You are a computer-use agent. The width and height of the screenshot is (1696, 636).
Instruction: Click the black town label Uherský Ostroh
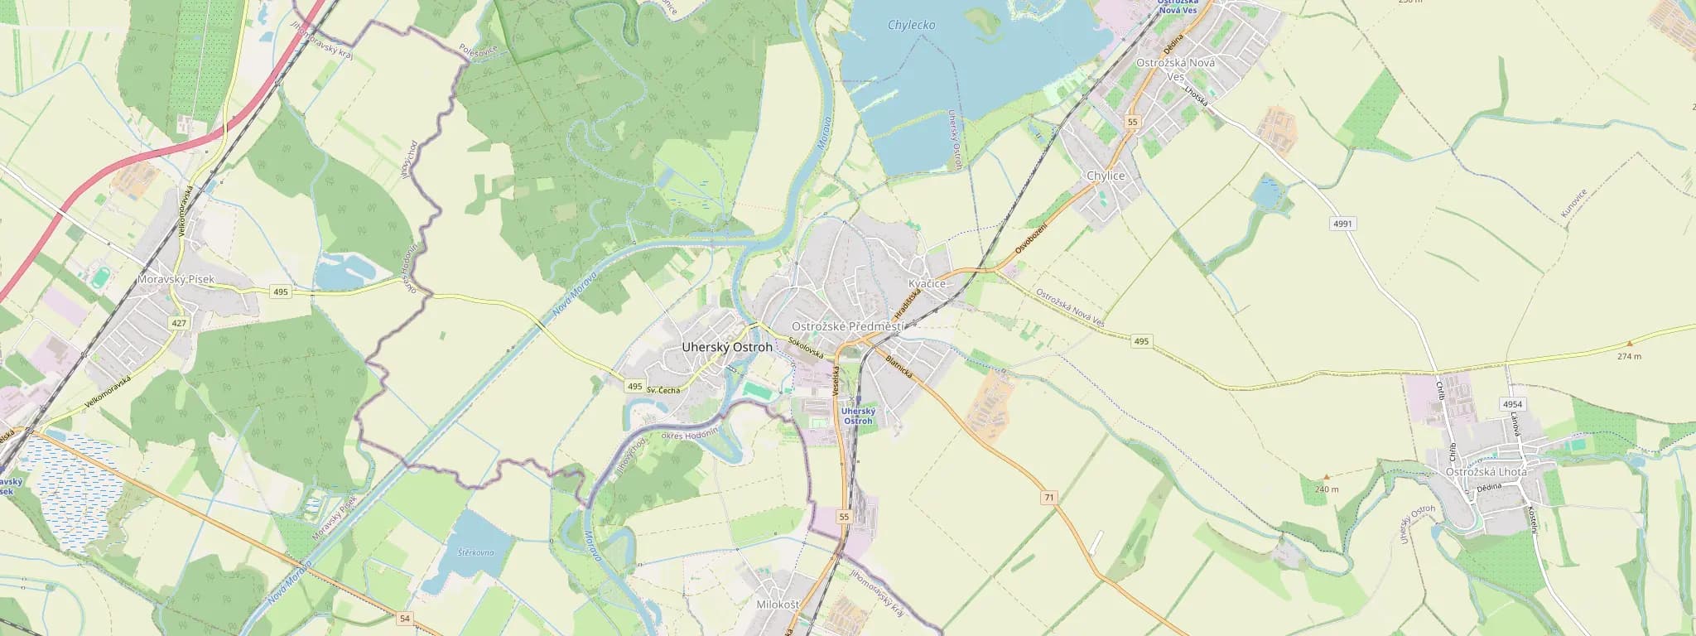(726, 347)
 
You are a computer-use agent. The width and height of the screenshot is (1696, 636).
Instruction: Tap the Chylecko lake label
(911, 25)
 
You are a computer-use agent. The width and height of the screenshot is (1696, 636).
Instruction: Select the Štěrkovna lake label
(475, 552)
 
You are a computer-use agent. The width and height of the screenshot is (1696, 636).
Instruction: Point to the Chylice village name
(1106, 176)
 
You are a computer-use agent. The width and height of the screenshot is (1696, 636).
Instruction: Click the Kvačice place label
(927, 283)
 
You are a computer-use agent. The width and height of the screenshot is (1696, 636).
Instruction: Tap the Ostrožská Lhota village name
(1486, 471)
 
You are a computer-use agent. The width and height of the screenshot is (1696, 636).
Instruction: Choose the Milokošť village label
(778, 605)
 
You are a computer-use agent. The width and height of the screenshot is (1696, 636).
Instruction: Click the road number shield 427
(178, 323)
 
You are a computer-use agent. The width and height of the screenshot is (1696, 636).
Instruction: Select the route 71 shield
(1049, 497)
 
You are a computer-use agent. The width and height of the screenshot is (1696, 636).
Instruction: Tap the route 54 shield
(404, 618)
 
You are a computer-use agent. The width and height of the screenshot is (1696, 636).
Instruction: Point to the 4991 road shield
(1342, 224)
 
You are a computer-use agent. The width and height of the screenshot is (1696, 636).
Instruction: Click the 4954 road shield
(1511, 404)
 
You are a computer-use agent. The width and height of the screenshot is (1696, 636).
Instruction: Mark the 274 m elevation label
(1629, 356)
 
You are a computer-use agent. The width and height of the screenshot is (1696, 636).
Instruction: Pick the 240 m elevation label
(1326, 489)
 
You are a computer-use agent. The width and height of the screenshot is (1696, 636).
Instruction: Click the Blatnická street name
(899, 368)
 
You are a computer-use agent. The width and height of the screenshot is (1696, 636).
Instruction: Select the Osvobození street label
(1031, 238)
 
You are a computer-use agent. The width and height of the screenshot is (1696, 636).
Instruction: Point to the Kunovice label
(1573, 204)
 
